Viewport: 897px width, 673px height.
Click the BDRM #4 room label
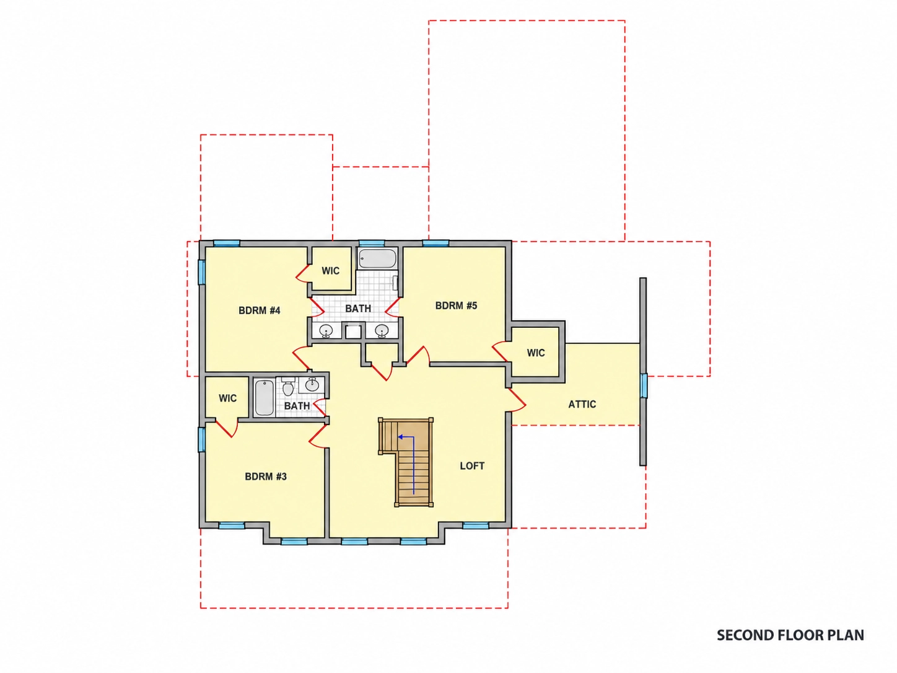[259, 310]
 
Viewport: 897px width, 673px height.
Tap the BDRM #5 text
[456, 306]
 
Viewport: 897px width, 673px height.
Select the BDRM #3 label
[266, 477]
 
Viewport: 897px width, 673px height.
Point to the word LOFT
[472, 466]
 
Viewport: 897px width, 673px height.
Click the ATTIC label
[582, 404]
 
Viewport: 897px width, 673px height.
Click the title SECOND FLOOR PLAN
[790, 635]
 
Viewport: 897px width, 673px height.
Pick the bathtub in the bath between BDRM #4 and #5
[377, 258]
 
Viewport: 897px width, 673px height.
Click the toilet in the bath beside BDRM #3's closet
[289, 387]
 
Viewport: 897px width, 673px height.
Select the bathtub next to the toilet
[264, 397]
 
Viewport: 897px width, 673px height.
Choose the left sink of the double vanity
[326, 330]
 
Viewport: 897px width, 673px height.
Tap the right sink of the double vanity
[382, 330]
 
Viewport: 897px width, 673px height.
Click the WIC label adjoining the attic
[536, 353]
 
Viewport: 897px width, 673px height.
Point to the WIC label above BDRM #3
[227, 398]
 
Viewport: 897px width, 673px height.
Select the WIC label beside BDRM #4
[331, 271]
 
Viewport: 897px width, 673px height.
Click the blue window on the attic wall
[643, 385]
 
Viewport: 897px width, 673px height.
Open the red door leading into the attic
[516, 400]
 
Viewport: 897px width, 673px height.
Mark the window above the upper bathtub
[372, 244]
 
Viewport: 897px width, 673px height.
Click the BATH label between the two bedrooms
[358, 309]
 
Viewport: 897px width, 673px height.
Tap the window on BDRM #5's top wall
[435, 244]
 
